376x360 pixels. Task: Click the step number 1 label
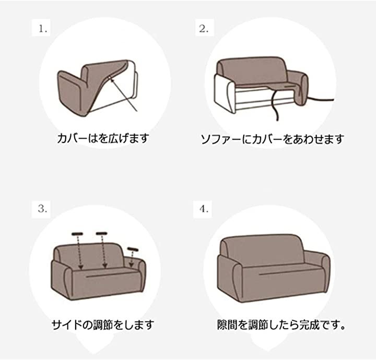click(x=43, y=29)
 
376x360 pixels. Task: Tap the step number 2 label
click(x=204, y=29)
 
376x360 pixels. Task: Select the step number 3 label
click(x=42, y=209)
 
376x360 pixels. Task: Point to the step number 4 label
click(x=204, y=209)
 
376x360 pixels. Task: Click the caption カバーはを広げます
click(x=103, y=138)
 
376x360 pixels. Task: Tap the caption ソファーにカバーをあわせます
click(x=273, y=139)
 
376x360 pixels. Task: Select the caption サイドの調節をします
click(x=103, y=325)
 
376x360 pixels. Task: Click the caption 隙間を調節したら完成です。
click(x=281, y=325)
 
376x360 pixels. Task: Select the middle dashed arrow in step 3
click(x=103, y=251)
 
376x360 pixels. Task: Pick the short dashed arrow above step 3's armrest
click(x=132, y=259)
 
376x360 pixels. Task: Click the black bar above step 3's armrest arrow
click(x=133, y=249)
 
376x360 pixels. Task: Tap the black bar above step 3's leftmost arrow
click(x=77, y=234)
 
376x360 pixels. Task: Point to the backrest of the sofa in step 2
click(x=252, y=70)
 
